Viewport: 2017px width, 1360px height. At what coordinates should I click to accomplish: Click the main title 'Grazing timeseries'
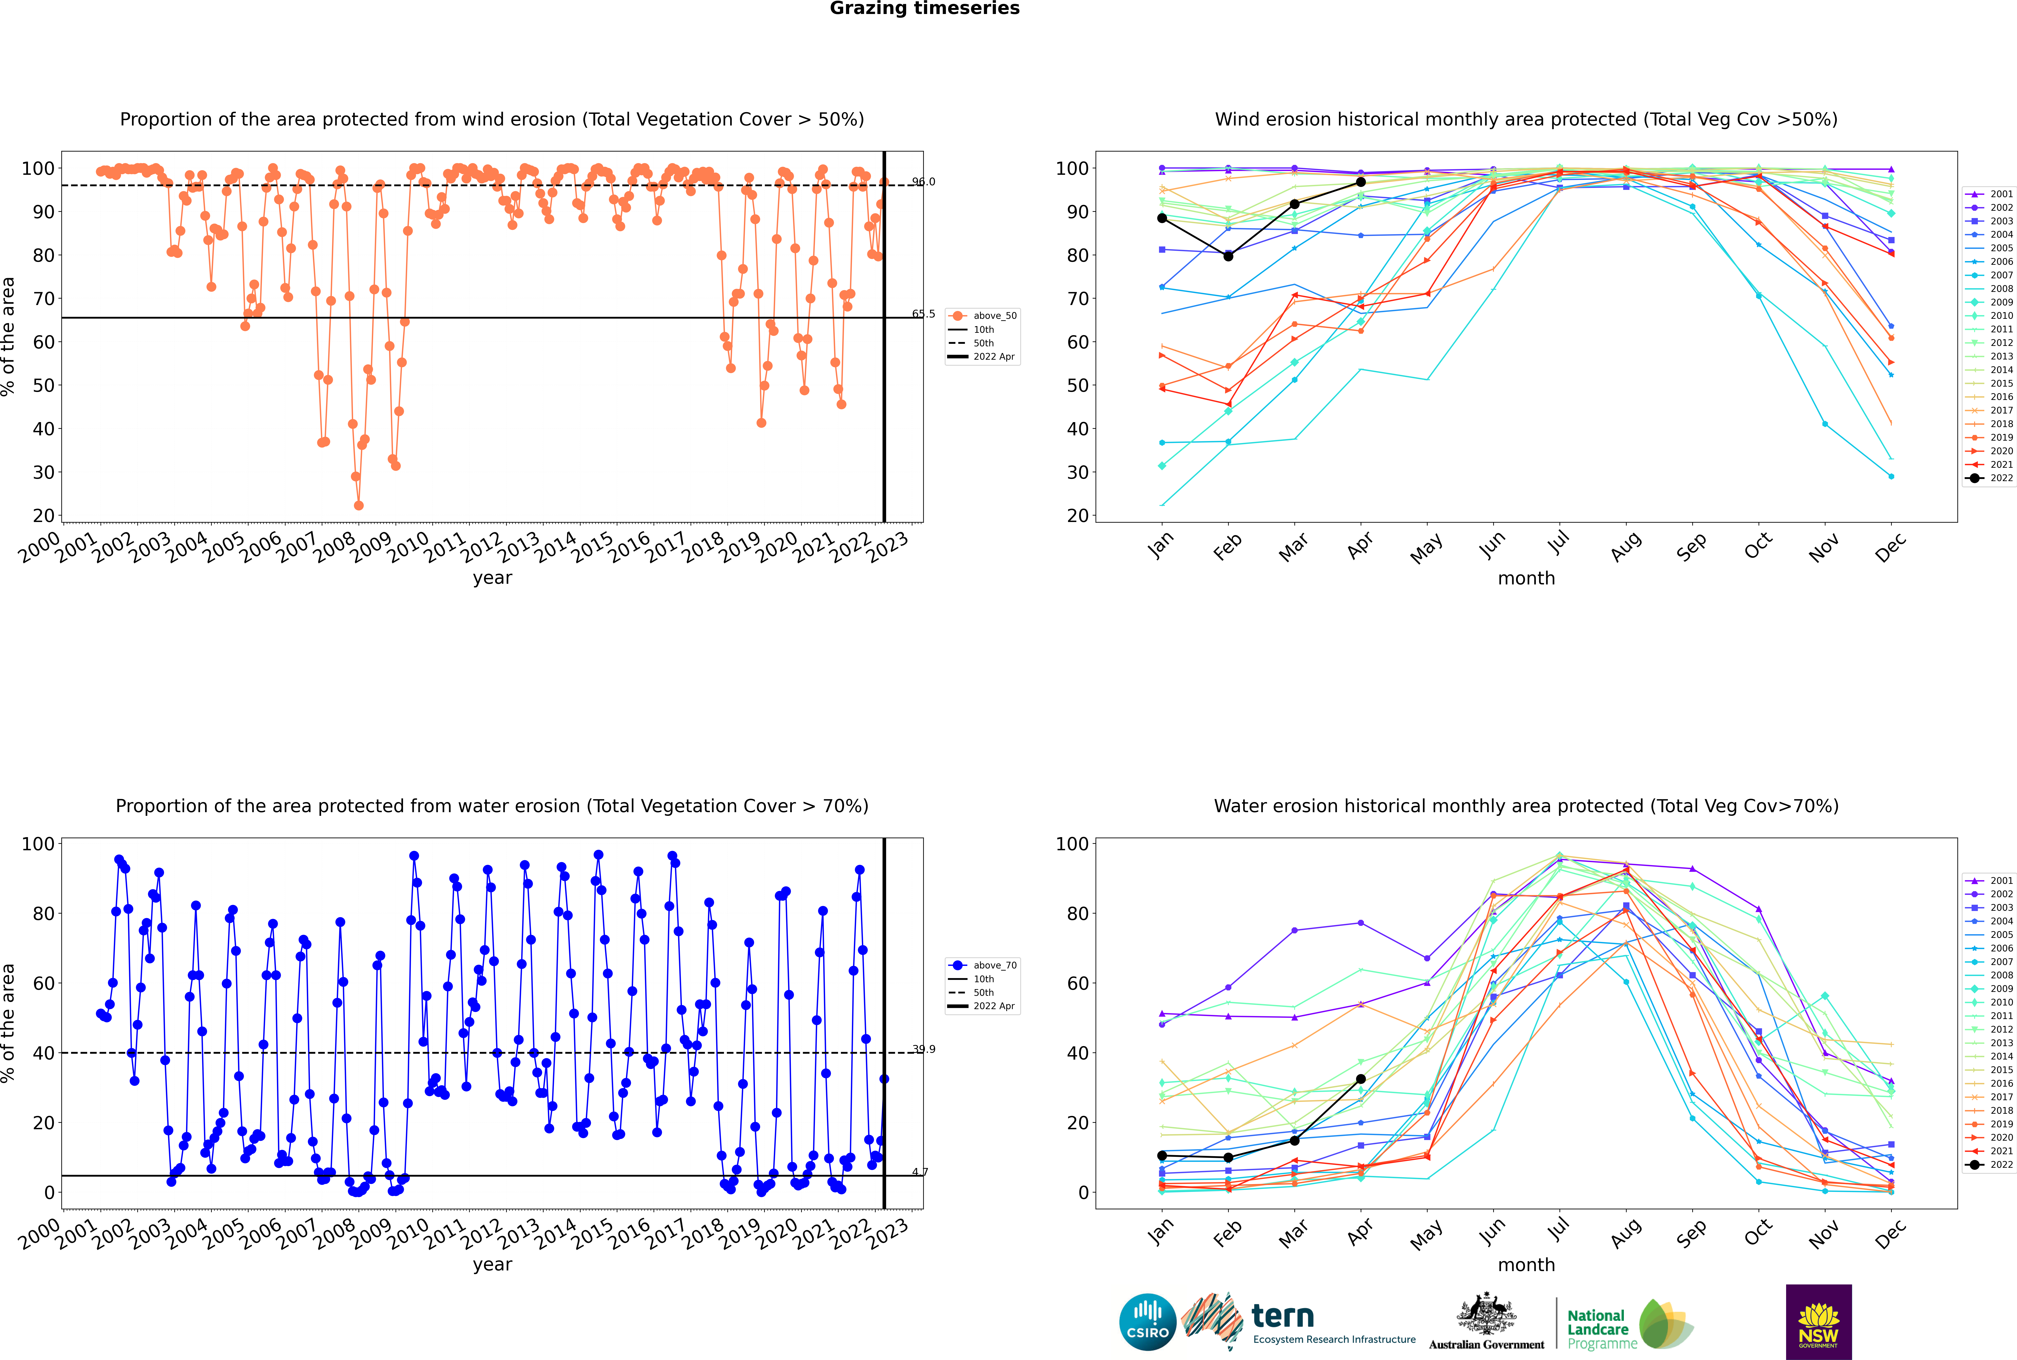924,9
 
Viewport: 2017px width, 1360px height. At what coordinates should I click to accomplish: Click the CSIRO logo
1147,1323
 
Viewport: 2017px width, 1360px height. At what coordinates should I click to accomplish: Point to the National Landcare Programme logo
1630,1324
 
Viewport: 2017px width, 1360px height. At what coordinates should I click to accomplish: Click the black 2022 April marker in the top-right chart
1361,182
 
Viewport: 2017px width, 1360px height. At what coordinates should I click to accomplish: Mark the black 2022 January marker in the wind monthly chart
1162,218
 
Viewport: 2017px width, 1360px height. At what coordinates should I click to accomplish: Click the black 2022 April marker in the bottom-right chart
1361,1079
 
